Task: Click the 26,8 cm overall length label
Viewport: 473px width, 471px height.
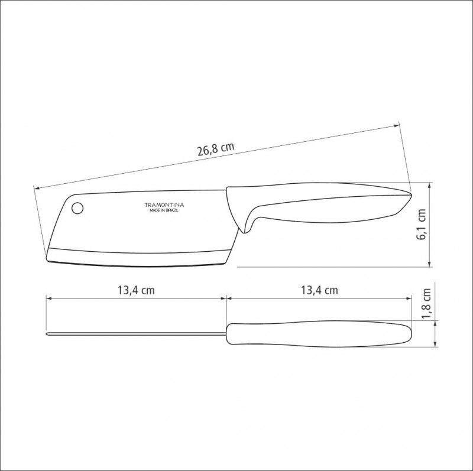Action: (216, 149)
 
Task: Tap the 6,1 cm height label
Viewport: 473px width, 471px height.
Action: (421, 224)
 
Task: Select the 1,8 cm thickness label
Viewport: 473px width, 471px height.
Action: (426, 304)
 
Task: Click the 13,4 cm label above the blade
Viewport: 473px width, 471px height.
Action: (136, 290)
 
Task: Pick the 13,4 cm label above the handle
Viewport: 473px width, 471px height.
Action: (319, 290)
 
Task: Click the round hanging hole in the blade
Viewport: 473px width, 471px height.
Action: (77, 208)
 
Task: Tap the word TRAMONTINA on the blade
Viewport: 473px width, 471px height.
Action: (164, 205)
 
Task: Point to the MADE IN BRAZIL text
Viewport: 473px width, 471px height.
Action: (164, 210)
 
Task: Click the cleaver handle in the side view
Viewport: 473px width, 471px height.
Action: (317, 205)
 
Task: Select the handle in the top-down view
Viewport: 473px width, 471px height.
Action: (319, 334)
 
